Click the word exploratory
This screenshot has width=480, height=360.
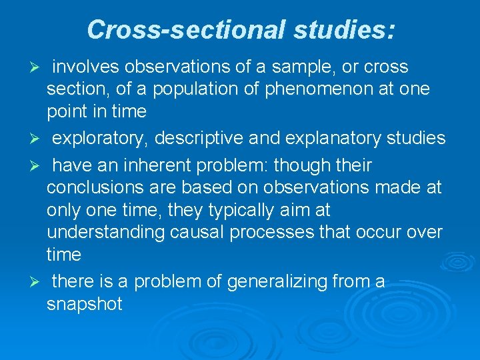pyautogui.click(x=100, y=139)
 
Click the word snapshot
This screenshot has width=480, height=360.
pyautogui.click(x=85, y=305)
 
